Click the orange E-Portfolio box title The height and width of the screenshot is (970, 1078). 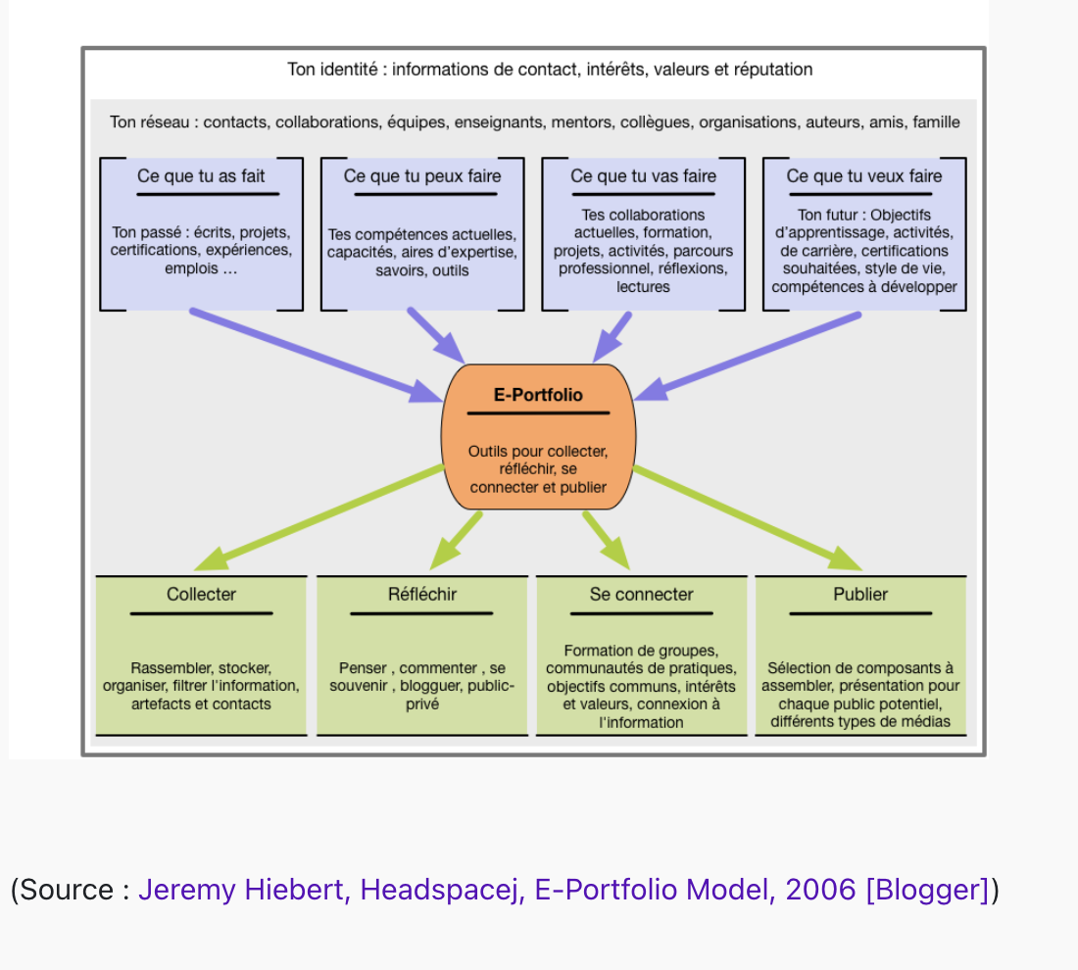pos(538,395)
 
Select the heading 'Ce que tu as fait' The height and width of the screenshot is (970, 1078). pos(201,176)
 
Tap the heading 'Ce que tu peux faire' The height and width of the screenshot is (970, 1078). pos(422,176)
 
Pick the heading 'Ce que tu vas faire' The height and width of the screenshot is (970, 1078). pos(643,176)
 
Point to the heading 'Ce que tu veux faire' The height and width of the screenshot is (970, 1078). pos(864,176)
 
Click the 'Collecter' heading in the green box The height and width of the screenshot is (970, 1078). pos(201,594)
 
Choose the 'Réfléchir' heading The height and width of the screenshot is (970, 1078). pos(422,594)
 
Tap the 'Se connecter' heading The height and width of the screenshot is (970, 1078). pos(642,594)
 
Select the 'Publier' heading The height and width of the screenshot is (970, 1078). pos(860,594)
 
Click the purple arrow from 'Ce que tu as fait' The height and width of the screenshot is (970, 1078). pos(317,356)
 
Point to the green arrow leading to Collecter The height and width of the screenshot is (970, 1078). pos(319,518)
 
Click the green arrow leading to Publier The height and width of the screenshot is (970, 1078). pos(748,518)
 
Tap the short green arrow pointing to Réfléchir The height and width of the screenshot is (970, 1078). pos(456,540)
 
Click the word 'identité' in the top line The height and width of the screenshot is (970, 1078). pos(351,70)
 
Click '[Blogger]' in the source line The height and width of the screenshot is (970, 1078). pos(927,890)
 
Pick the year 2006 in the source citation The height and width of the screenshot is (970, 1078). pos(820,890)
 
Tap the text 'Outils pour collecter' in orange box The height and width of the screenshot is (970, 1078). pos(538,452)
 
